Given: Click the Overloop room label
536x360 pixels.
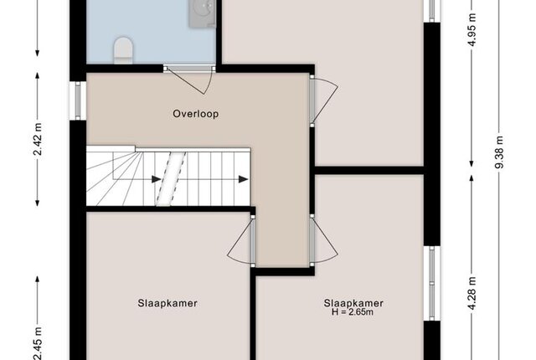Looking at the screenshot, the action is [195, 114].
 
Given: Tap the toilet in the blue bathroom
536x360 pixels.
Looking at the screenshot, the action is [123, 50].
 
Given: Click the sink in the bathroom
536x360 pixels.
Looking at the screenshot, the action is [202, 13].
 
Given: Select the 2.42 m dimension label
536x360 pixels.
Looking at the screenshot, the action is [38, 139].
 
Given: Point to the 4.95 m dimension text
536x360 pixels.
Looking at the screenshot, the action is [472, 30].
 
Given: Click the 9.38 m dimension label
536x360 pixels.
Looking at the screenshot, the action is [499, 152].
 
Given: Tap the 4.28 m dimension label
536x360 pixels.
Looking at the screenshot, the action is [472, 293].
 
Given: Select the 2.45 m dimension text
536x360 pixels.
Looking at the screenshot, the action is [38, 343].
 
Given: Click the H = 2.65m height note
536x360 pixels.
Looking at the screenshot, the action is [353, 311].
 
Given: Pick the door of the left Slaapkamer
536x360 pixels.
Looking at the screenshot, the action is [240, 241].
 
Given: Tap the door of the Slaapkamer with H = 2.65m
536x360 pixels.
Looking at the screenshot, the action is [324, 240].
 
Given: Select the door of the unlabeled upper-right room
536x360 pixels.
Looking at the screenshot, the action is [324, 100].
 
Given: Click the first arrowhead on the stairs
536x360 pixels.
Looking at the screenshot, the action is [157, 179].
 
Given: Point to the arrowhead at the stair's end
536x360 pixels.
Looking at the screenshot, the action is [244, 179].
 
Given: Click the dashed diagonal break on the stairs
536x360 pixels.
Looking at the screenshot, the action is [171, 178].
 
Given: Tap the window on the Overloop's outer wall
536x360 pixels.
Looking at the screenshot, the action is [78, 100].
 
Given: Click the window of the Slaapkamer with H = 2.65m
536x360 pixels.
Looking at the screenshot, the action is [432, 283].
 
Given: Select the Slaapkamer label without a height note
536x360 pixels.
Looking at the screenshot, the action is [167, 303].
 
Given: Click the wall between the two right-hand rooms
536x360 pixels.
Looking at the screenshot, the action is [369, 171].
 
